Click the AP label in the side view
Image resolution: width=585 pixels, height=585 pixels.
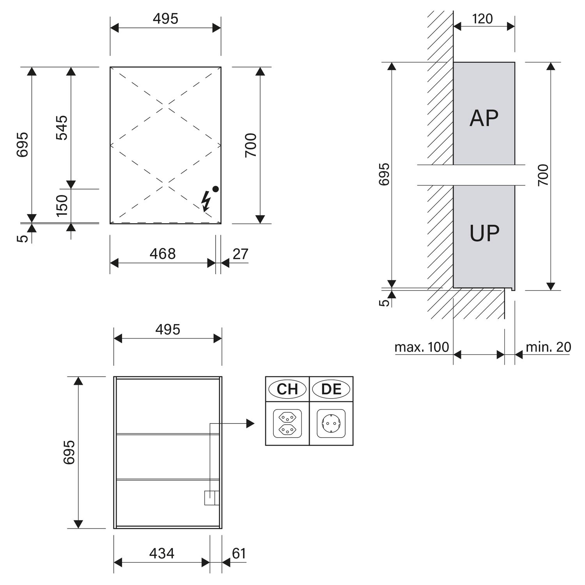click(484, 118)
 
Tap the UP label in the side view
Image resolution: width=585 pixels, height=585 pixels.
click(484, 233)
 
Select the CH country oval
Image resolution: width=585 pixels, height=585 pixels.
click(287, 389)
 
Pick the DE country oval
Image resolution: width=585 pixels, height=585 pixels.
click(331, 389)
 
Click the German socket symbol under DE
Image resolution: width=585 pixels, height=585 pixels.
click(331, 423)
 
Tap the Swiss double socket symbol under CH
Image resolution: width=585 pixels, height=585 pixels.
click(287, 423)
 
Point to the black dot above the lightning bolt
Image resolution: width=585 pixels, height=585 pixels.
click(215, 189)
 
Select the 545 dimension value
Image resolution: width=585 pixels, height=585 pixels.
click(62, 128)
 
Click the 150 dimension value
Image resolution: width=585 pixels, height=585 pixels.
click(62, 205)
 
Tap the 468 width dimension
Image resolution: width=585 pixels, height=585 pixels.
click(163, 254)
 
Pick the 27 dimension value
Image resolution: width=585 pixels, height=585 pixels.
click(240, 254)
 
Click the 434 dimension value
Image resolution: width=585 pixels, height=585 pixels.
click(162, 553)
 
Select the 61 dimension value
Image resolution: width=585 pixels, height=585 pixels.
click(239, 553)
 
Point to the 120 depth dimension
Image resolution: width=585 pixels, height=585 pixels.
click(482, 19)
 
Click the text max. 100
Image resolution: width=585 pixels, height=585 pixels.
click(422, 347)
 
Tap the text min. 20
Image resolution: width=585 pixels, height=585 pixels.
click(548, 347)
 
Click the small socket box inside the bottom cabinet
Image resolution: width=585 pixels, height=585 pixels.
click(212, 498)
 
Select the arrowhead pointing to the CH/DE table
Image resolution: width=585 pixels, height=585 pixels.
click(250, 423)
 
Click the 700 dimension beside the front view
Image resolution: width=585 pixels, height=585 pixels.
click(251, 145)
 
